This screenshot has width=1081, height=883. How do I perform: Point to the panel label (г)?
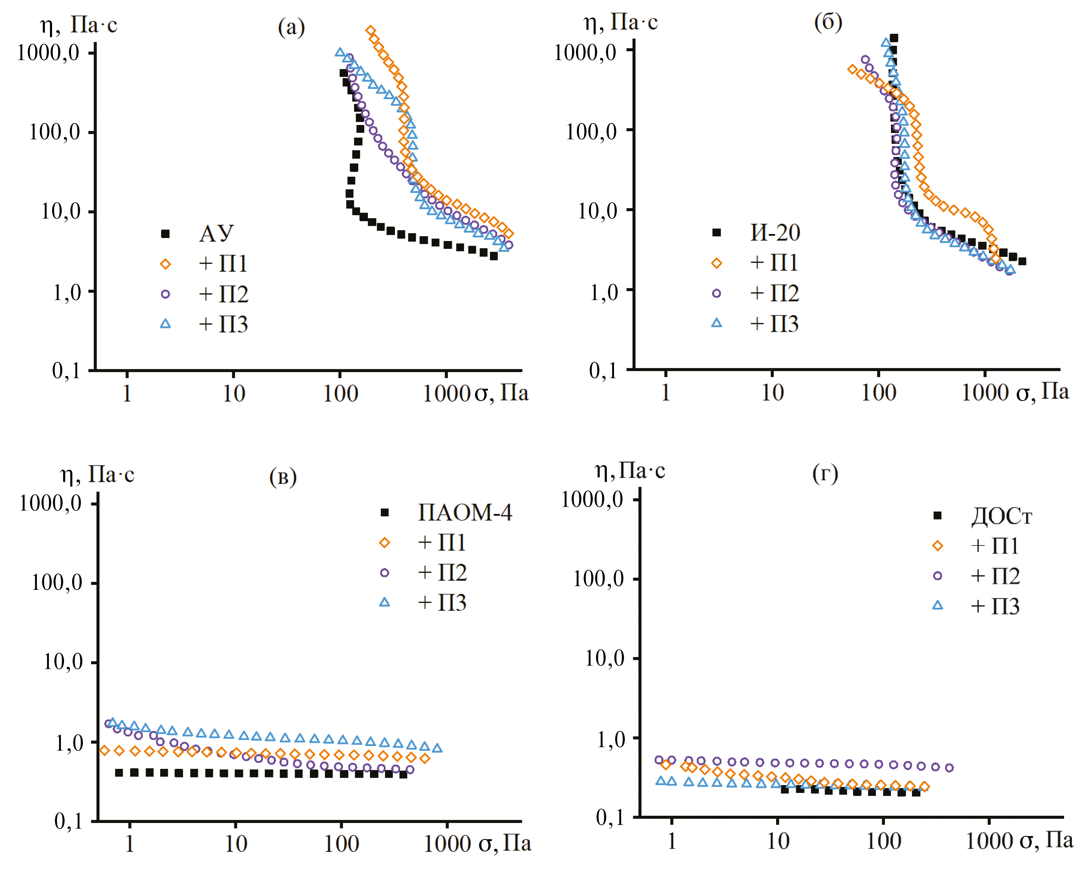(825, 473)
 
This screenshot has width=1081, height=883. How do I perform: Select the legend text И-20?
(775, 233)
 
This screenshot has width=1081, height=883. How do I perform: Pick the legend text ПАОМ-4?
(465, 512)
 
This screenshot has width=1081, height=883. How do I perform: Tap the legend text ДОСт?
(1001, 516)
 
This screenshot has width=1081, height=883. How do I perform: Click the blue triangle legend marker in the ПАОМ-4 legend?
(384, 602)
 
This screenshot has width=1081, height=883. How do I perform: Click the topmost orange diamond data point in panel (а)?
(371, 31)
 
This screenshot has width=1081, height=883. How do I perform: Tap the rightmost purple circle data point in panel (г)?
(949, 767)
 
